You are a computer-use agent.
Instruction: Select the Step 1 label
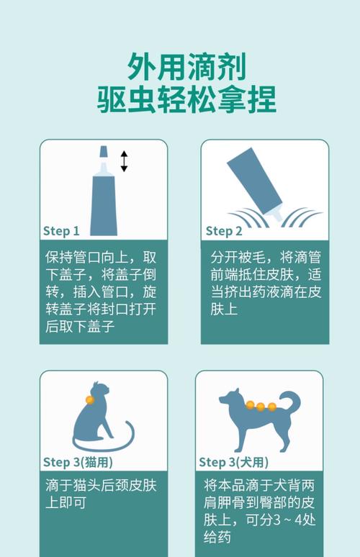(61, 231)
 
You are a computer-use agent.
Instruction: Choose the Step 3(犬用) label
(234, 462)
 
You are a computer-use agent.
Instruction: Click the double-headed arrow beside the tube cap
(124, 161)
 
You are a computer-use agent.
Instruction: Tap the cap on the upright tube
(104, 153)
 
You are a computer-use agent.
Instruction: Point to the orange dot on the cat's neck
(89, 399)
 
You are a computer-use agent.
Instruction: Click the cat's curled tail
(115, 440)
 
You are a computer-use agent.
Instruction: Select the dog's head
(232, 398)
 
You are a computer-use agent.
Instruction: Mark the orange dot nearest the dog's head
(250, 405)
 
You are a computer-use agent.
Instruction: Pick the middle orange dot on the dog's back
(261, 407)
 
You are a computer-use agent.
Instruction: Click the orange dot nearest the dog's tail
(272, 407)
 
